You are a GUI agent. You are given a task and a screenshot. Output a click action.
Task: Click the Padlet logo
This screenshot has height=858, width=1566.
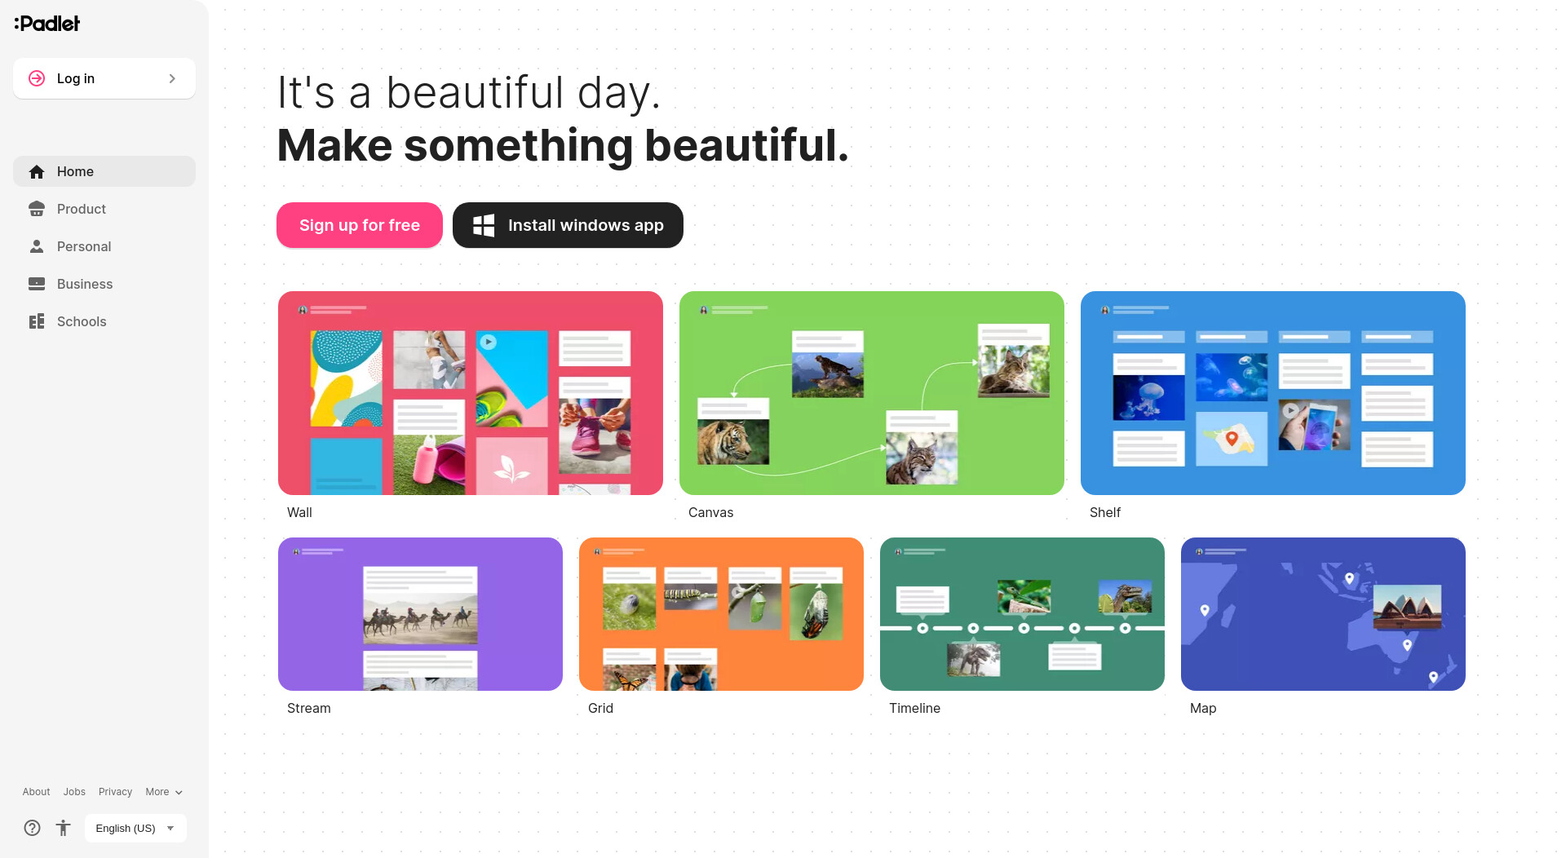(47, 24)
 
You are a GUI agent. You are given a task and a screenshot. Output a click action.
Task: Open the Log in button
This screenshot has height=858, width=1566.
(104, 78)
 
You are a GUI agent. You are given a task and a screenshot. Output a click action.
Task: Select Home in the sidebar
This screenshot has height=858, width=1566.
(104, 171)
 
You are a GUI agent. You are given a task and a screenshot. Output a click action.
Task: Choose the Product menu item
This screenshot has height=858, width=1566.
(82, 209)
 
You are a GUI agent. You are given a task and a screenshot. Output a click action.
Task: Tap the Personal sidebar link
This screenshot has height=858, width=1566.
(84, 246)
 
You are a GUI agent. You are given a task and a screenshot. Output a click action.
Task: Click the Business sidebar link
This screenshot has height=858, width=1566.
(85, 284)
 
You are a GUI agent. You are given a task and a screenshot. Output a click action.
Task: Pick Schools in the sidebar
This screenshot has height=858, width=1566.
(82, 321)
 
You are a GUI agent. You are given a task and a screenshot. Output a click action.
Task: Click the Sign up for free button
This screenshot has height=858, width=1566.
(360, 225)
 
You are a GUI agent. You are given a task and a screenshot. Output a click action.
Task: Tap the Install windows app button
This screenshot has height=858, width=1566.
(568, 225)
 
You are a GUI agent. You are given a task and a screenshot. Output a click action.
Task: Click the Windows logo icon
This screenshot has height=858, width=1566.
(484, 225)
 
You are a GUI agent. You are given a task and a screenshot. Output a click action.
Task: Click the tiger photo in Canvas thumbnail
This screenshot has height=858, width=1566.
(733, 441)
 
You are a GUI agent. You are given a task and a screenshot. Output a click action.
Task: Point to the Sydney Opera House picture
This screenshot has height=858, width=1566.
(1408, 607)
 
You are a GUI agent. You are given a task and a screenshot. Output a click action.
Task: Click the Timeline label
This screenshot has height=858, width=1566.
(915, 708)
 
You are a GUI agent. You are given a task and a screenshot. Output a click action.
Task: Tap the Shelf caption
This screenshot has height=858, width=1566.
(1105, 512)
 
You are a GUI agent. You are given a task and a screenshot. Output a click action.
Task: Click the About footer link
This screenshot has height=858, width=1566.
(36, 792)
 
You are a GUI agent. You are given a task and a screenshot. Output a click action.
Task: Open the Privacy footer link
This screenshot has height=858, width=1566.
(115, 792)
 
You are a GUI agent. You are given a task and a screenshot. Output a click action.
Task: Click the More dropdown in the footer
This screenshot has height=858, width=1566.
(164, 792)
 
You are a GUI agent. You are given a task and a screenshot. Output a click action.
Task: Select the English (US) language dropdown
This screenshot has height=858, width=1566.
(135, 828)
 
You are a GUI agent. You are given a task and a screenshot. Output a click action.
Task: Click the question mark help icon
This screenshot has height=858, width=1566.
(32, 828)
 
